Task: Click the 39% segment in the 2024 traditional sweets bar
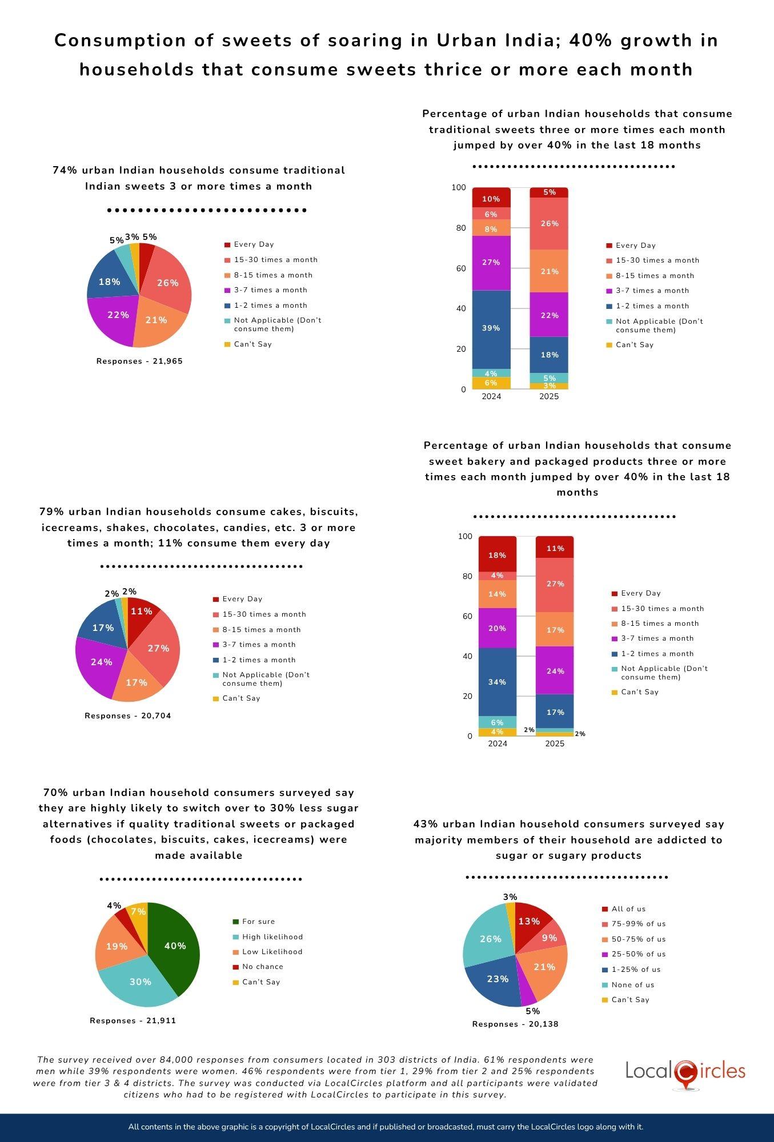click(x=491, y=328)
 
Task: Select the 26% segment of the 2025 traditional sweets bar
click(x=549, y=223)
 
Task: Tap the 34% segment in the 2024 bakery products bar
click(x=497, y=682)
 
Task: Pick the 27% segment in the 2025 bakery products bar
click(x=555, y=584)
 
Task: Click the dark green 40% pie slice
click(x=174, y=946)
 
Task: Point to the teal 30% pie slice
click(x=140, y=982)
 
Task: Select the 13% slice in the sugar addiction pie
click(x=529, y=921)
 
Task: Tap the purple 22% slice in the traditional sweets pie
click(x=118, y=315)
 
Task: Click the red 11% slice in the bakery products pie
click(x=141, y=612)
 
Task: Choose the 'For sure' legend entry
click(x=258, y=922)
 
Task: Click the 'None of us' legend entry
click(x=632, y=985)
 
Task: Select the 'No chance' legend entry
click(x=262, y=967)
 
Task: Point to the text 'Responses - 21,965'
click(x=139, y=361)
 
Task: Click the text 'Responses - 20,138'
click(x=515, y=1024)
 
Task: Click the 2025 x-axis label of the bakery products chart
click(x=555, y=743)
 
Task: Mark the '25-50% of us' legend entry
click(x=638, y=954)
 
